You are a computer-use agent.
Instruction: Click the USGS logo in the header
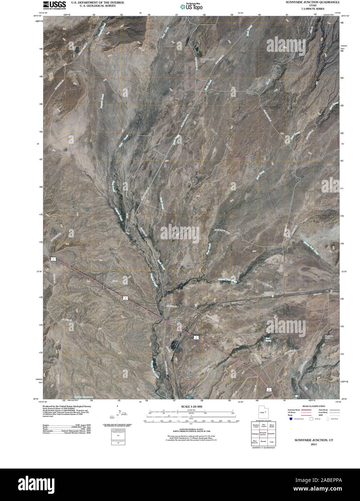(54, 4)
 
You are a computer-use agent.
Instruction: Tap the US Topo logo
(191, 6)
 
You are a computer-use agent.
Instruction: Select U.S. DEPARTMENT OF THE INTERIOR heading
(98, 2)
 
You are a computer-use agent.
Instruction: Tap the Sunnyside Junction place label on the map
(176, 320)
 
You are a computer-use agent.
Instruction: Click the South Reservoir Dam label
(208, 59)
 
